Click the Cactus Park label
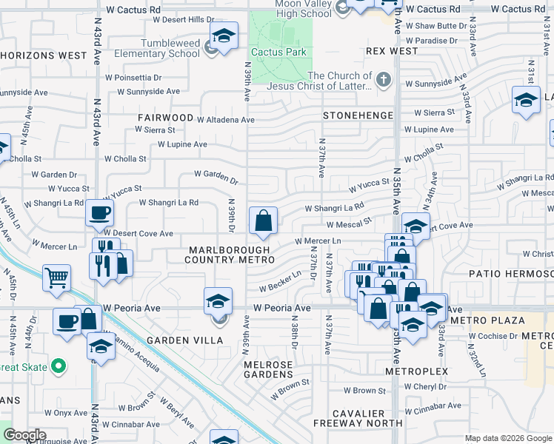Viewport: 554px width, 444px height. (x=278, y=52)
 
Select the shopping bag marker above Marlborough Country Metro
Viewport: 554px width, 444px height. (x=263, y=221)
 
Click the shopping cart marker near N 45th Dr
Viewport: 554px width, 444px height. (x=56, y=278)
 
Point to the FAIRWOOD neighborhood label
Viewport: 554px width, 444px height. (x=164, y=118)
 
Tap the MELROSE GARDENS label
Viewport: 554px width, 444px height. (x=269, y=371)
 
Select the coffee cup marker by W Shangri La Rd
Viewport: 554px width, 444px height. (x=99, y=214)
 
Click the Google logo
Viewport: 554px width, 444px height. (x=24, y=435)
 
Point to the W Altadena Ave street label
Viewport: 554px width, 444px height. (x=225, y=119)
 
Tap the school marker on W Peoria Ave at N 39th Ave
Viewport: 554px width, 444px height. (x=218, y=301)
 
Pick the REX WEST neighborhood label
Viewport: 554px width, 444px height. (x=392, y=52)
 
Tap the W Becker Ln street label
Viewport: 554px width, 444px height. (x=280, y=281)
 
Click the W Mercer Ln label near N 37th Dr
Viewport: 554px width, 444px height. (x=318, y=241)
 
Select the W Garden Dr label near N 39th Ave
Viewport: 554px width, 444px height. (x=216, y=177)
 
